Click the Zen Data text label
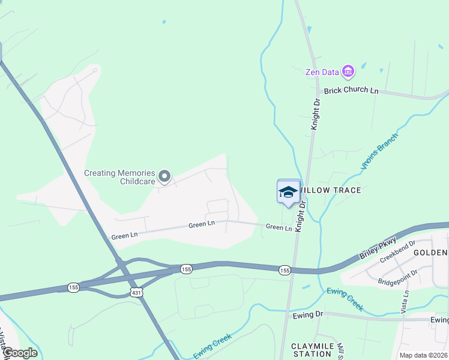[322, 72]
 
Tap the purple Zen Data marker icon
[348, 72]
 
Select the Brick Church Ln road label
[351, 91]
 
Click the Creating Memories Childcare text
[119, 177]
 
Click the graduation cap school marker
[289, 192]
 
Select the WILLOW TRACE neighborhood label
[331, 190]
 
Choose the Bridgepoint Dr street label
[397, 273]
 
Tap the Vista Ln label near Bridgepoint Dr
[406, 301]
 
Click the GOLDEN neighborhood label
[431, 253]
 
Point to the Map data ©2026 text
[423, 355]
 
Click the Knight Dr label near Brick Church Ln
[316, 115]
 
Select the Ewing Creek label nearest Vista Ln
[345, 299]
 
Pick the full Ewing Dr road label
[308, 314]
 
